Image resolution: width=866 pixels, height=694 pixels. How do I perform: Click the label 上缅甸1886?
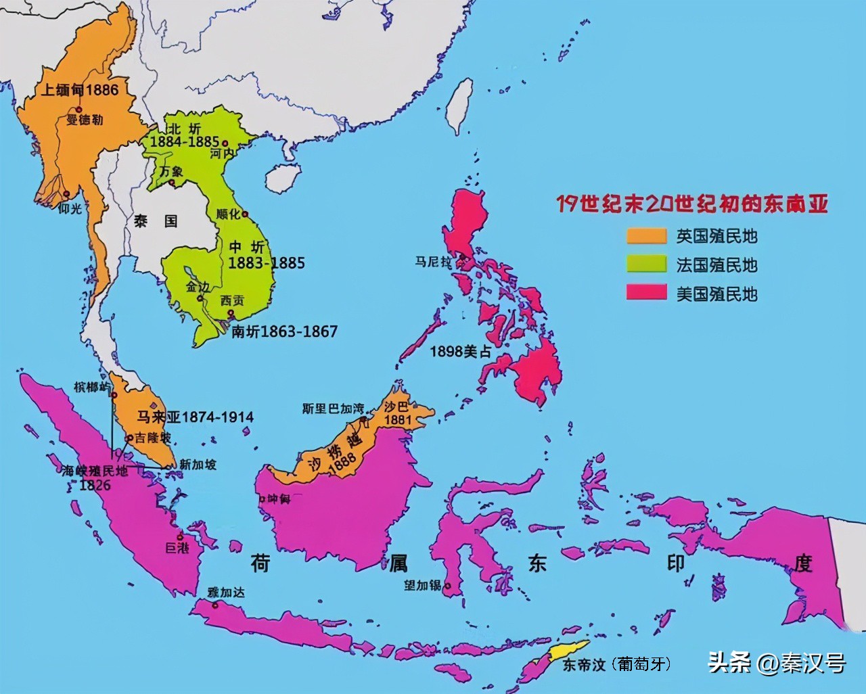(x=79, y=90)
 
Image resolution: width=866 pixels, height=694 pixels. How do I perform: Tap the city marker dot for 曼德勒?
(x=79, y=110)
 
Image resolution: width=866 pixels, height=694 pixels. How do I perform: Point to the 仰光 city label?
(x=70, y=209)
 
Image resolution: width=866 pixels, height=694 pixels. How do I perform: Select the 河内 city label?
(x=221, y=154)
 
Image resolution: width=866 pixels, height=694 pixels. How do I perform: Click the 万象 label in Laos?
(x=170, y=171)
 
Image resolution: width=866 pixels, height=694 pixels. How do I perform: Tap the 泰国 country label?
(x=155, y=221)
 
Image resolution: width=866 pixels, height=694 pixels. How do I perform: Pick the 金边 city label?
(x=198, y=287)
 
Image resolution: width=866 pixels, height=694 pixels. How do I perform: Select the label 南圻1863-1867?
(x=284, y=331)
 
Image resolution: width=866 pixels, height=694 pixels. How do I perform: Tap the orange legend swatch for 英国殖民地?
(x=646, y=236)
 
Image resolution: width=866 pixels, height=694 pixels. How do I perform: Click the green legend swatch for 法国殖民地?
(x=646, y=264)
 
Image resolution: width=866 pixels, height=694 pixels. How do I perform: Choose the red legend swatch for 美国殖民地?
(x=646, y=293)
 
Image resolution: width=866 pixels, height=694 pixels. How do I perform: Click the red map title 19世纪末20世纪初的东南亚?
(x=691, y=204)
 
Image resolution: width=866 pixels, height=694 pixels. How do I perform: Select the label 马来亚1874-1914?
(x=196, y=417)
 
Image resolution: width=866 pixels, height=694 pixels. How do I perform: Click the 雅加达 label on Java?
(x=226, y=593)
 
